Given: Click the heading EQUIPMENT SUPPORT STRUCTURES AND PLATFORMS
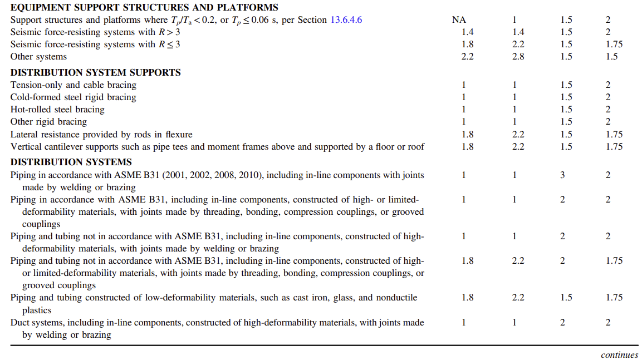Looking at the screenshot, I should (144, 8).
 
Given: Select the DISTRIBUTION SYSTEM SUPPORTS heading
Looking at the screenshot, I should (96, 72).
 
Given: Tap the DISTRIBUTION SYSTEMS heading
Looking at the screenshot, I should (71, 162).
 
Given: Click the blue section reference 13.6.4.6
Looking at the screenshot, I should (346, 20).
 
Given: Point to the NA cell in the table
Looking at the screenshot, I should (459, 20).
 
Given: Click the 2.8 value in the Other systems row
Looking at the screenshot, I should (518, 56).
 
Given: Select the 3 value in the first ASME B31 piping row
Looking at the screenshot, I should (562, 175).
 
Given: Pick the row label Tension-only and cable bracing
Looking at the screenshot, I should (73, 85).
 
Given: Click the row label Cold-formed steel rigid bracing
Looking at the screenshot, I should (73, 97).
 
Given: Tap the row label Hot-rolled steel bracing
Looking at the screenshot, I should (57, 110).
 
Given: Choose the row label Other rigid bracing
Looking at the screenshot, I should (49, 122).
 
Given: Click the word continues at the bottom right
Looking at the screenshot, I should (619, 355).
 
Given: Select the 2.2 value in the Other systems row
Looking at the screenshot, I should (468, 56).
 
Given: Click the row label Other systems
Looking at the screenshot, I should (38, 56).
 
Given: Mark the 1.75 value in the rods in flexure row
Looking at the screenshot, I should (614, 134).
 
